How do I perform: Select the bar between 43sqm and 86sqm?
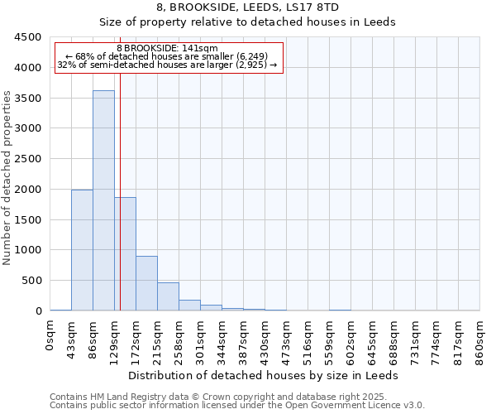[x=82, y=250]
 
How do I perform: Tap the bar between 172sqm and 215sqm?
[x=146, y=283]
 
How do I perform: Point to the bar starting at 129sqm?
[x=125, y=253]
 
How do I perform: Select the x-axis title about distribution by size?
[x=264, y=375]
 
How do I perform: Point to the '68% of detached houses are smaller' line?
[x=169, y=56]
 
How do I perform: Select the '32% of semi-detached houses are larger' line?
[x=169, y=65]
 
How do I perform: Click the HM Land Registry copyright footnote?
[x=236, y=397]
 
